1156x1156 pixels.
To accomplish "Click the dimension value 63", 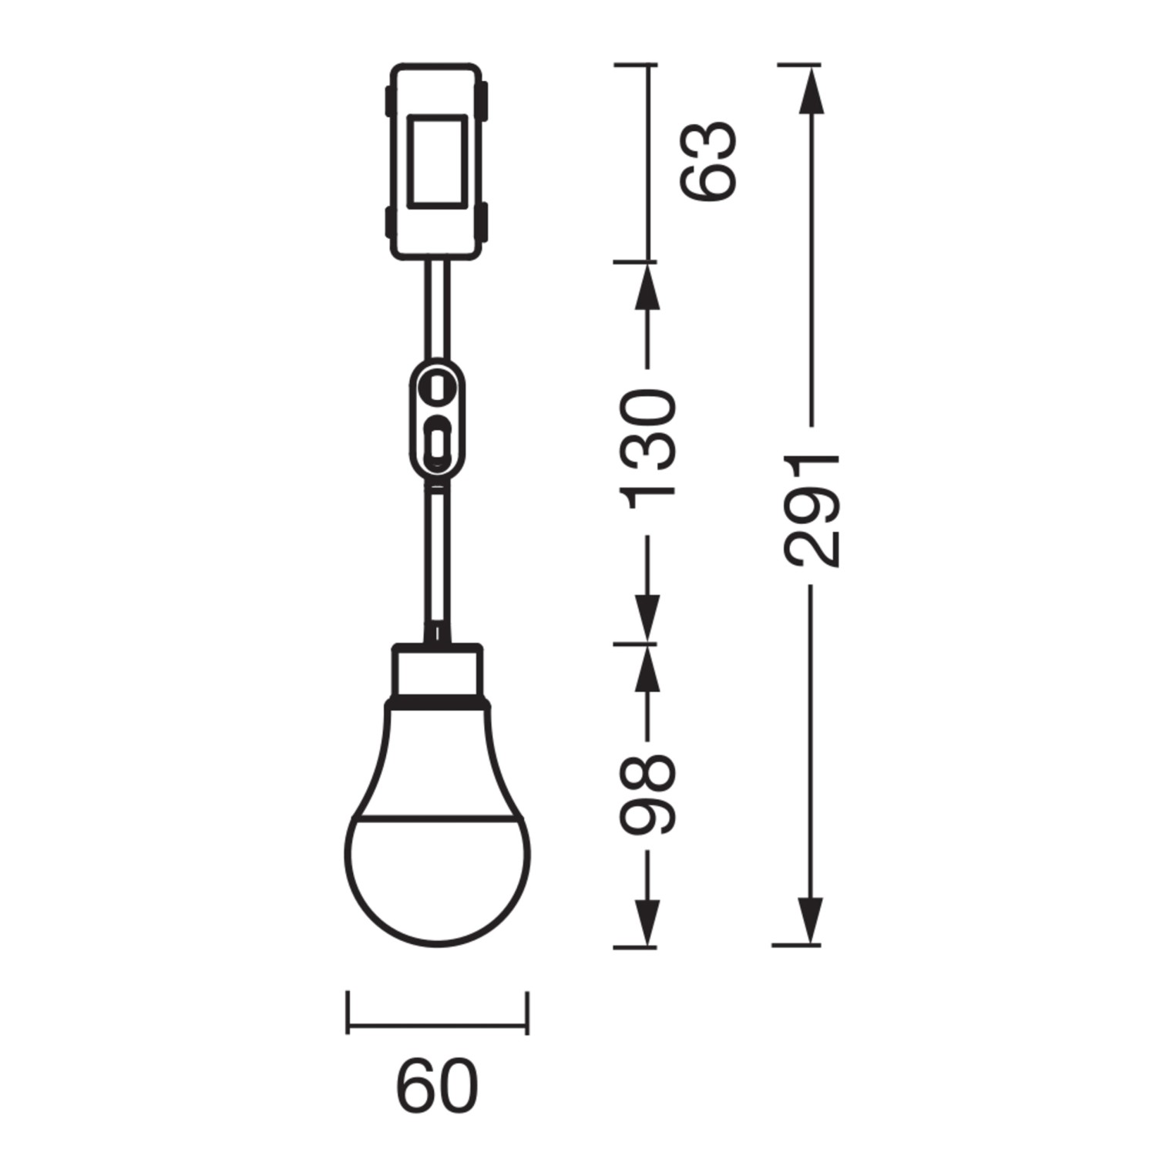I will [708, 161].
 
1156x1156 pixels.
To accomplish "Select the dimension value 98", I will [649, 795].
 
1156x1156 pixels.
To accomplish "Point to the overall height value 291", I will [811, 511].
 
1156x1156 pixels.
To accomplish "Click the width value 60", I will [437, 1086].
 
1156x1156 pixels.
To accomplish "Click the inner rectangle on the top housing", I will [437, 161].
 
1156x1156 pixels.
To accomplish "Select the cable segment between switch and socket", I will [437, 555].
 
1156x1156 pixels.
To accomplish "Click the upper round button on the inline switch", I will [437, 385].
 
